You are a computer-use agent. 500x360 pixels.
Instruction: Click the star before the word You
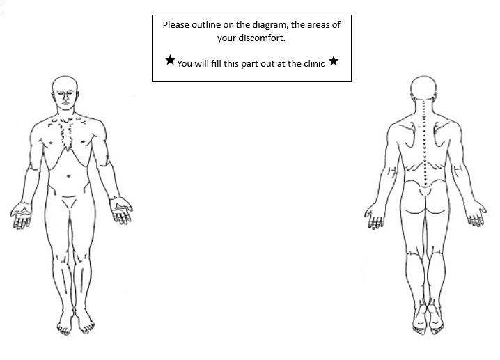point(171,60)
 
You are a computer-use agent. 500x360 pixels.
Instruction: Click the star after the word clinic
point(334,61)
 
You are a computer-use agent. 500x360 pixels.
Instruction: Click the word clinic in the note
point(314,64)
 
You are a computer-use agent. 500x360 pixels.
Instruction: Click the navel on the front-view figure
point(68,176)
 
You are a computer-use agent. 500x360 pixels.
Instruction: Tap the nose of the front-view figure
point(65,100)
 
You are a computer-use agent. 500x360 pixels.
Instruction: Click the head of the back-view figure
point(424,88)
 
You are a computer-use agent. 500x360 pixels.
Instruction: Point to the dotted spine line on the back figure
point(424,143)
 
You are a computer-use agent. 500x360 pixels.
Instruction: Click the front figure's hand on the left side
point(22,215)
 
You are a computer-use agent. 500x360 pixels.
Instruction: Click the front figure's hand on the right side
point(121,210)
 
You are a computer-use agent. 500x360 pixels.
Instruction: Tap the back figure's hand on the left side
point(375,217)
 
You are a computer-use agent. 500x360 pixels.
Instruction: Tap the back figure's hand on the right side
point(476,214)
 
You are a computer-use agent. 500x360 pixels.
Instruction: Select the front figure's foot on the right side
point(84,322)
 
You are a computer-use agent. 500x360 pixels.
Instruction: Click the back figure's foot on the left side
point(419,320)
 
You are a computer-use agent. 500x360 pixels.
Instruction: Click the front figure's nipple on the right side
point(84,141)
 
